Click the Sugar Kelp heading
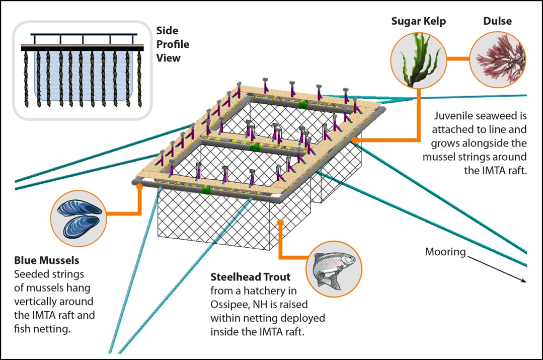coord(419,22)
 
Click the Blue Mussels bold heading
coord(47,261)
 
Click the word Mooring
coord(445,252)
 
